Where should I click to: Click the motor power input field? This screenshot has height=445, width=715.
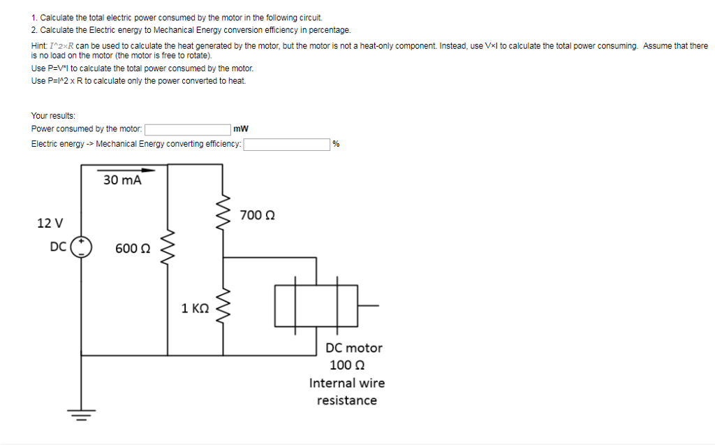187,129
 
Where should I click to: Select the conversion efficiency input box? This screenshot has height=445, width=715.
286,144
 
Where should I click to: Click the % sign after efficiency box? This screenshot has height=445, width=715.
337,144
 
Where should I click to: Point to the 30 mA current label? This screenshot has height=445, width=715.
122,180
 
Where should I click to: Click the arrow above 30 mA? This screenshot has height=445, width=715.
126,169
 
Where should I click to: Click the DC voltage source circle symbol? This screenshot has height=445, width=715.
80,247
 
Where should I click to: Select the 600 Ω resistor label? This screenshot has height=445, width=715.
133,248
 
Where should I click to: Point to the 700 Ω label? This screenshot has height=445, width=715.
256,214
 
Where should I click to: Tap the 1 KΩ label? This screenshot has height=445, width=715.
195,308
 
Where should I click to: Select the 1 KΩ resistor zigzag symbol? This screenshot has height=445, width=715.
224,307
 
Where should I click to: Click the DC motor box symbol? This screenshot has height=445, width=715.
316,305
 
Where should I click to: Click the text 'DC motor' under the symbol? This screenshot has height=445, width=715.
354,347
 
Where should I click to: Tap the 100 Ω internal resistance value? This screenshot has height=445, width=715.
347,365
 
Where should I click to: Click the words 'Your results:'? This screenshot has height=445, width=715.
54,116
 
